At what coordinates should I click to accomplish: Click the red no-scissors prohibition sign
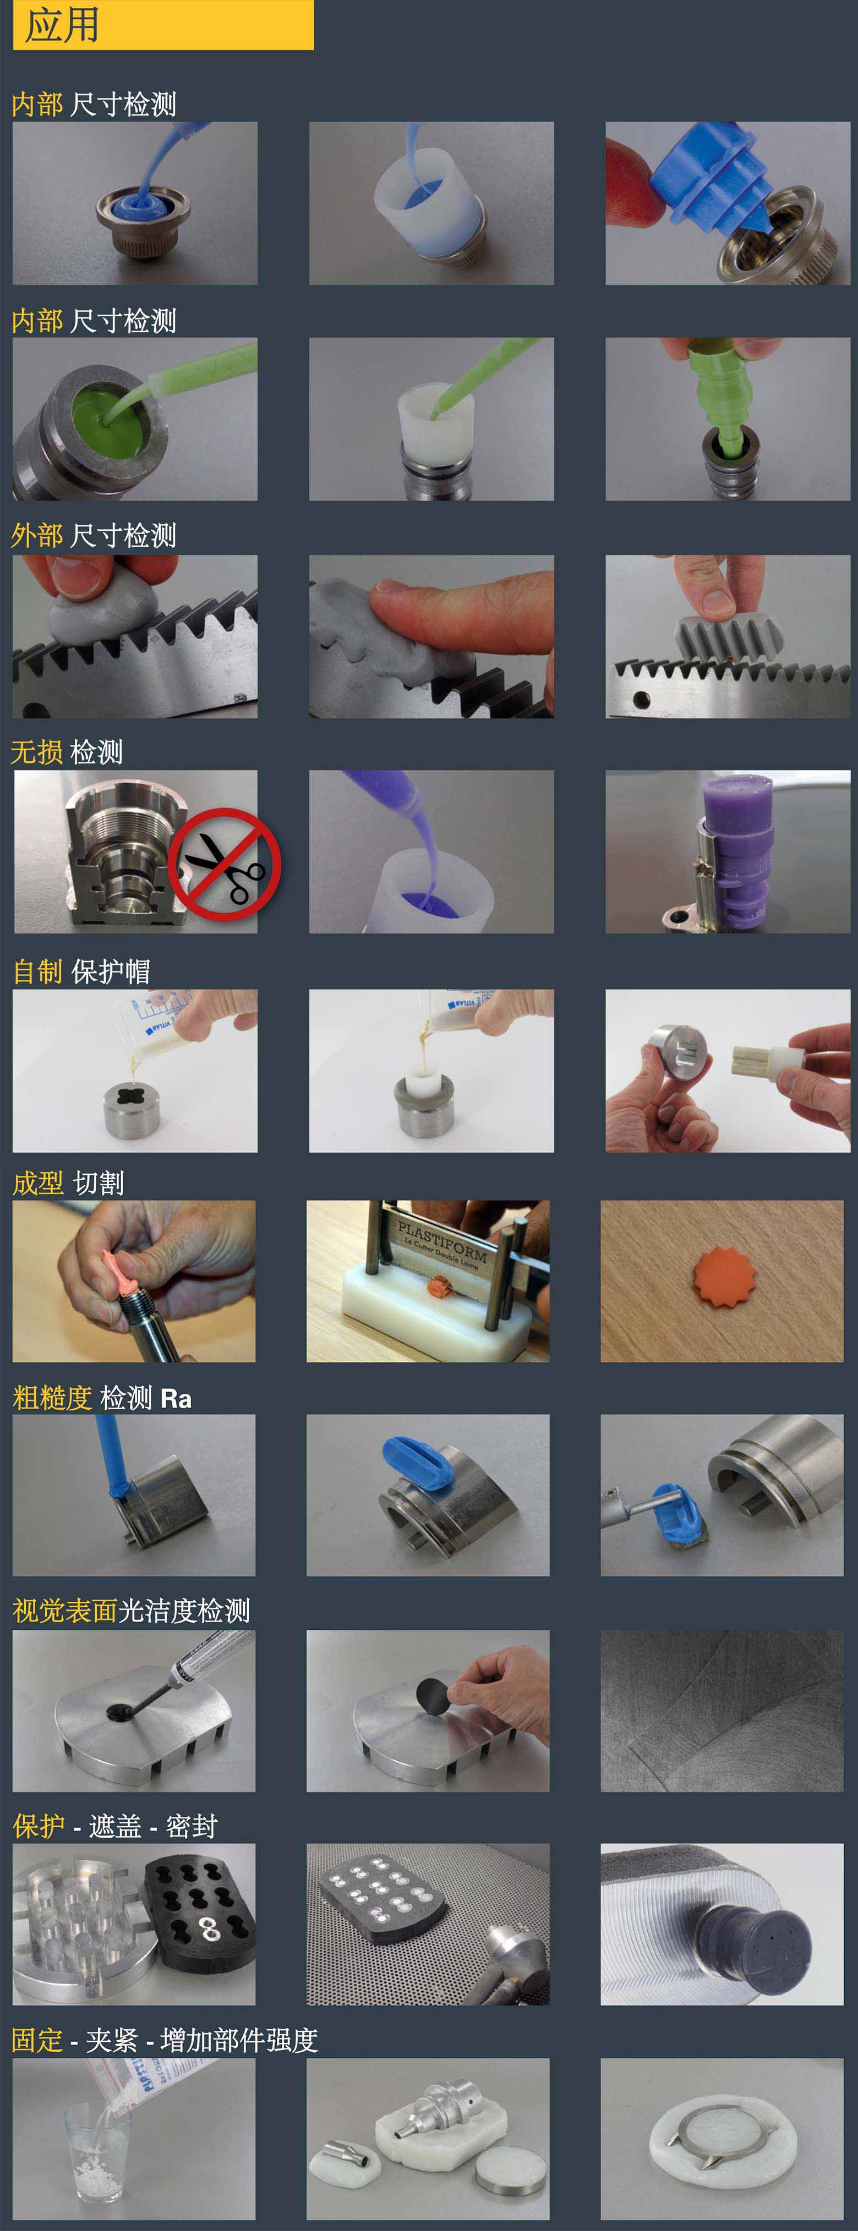[225, 864]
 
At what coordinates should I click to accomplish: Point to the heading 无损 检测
[67, 752]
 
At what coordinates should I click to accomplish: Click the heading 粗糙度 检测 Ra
[102, 1398]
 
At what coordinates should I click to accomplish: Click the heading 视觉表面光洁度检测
[131, 1611]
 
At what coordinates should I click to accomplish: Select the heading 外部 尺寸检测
[94, 535]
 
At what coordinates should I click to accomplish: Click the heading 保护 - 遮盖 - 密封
[114, 1826]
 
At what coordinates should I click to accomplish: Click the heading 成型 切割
[68, 1182]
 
